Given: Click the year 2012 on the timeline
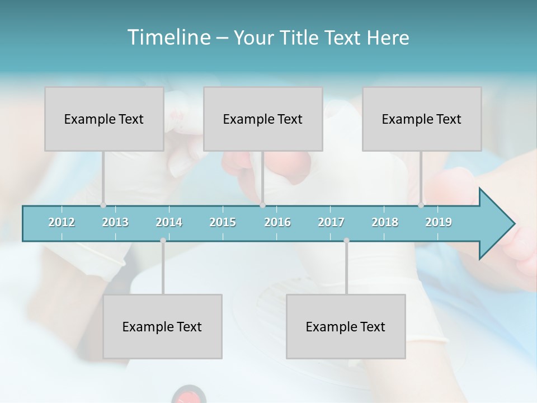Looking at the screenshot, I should pos(62,222).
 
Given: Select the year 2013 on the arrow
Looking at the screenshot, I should pos(115,222).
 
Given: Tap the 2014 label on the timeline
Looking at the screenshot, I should pos(169,222).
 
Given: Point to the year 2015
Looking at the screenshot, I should pos(223,222).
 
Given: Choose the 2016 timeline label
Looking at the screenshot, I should pos(277,222).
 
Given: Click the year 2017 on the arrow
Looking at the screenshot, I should pos(331,222).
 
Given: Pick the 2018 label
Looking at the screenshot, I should pos(385,222).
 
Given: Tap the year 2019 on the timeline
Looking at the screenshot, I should pos(439,222).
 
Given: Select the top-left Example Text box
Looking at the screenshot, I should pos(104,119).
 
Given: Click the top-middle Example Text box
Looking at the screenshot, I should pos(263,119).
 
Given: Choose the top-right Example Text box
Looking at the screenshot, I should pos(422,119).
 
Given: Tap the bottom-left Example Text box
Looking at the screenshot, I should pos(162,326).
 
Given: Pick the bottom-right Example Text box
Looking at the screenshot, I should pos(346,326).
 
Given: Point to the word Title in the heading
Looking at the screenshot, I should pos(300,38).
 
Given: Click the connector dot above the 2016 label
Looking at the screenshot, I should pos(262,205).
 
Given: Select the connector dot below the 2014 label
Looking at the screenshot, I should pos(163,241).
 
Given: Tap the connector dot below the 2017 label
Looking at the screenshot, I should pos(346,241).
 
